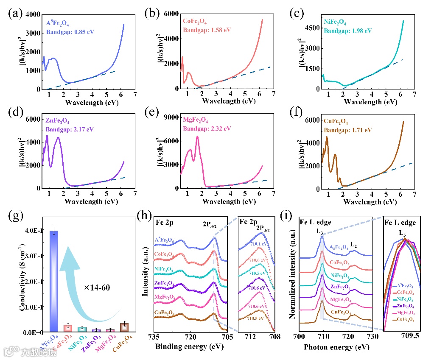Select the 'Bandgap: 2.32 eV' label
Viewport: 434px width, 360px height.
pos(206,128)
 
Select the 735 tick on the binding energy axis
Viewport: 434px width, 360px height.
pos(154,338)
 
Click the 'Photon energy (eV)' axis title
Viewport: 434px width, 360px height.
pos(334,347)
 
